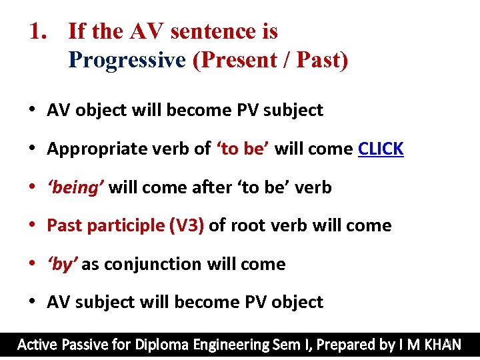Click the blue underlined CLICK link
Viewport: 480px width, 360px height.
point(381,149)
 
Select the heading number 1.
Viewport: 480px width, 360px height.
point(37,31)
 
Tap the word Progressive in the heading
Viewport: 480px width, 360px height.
point(127,60)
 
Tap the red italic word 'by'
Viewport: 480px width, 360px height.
point(62,264)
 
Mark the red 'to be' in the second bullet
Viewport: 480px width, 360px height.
point(242,149)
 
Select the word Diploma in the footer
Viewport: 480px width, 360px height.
point(162,345)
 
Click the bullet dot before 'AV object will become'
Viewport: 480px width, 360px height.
point(32,111)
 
